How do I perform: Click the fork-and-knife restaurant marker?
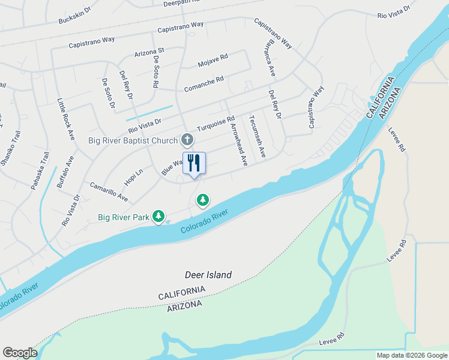tap(194, 163)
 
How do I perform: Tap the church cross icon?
tap(187, 140)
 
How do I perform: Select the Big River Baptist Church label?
tap(133, 141)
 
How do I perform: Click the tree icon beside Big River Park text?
tap(158, 216)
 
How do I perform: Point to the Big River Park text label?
tap(123, 217)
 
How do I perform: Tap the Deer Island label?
tap(208, 275)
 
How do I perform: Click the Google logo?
tap(20, 353)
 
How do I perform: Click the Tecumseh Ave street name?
tap(258, 137)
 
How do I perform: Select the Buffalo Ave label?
tap(65, 173)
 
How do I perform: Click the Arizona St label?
tap(149, 53)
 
